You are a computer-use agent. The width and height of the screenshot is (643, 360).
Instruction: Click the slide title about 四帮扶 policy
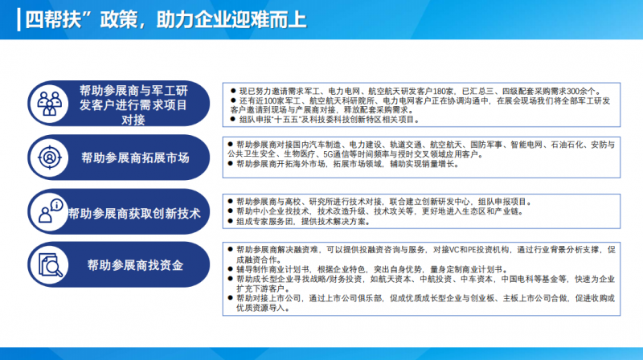point(166,19)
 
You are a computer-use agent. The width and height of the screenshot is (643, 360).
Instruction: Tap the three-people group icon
point(49,104)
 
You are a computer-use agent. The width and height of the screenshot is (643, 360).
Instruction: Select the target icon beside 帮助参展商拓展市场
point(50,157)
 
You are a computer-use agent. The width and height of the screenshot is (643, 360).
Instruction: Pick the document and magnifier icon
point(51,265)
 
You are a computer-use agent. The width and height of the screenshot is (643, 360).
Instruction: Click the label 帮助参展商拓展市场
point(135,157)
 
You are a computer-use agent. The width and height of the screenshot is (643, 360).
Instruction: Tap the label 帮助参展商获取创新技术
point(134,214)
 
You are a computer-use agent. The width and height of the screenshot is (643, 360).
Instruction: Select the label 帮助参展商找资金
point(135,265)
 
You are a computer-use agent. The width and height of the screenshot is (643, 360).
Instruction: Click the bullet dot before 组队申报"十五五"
point(233,119)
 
